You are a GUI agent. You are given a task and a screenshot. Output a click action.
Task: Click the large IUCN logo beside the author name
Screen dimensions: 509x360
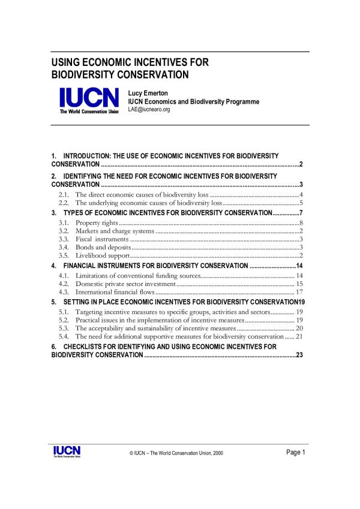(x=88, y=99)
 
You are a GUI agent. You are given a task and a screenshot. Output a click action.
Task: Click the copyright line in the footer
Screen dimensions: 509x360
(x=176, y=453)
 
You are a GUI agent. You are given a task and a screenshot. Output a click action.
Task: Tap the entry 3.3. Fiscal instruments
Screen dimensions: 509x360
(x=101, y=239)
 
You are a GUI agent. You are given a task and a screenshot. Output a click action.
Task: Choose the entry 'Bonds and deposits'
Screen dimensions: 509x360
(x=101, y=247)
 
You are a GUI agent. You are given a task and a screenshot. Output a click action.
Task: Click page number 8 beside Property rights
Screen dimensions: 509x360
(x=300, y=223)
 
